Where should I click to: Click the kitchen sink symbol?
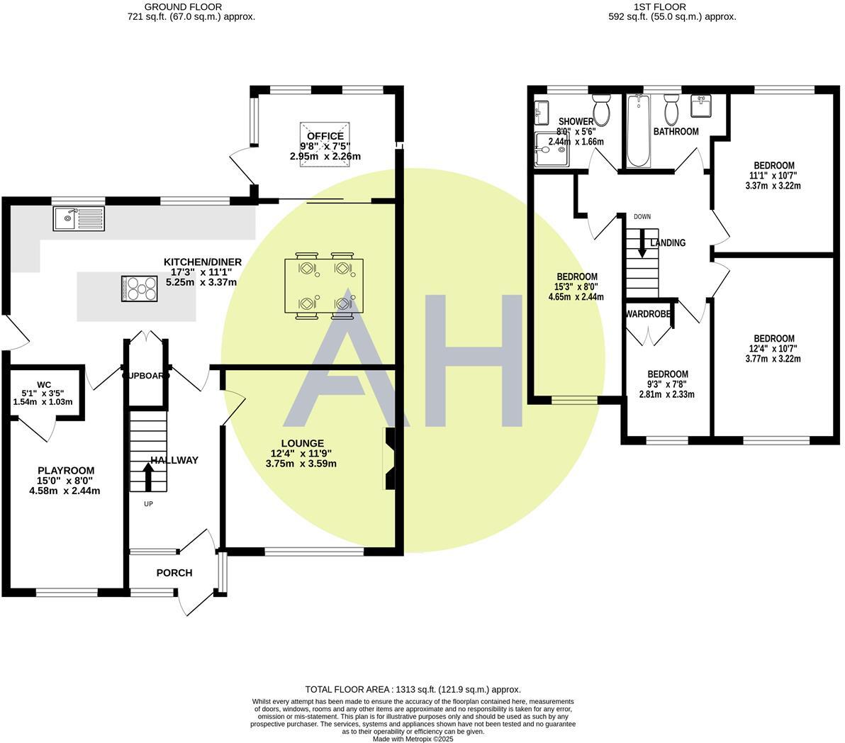click(78, 218)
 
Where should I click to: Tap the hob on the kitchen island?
click(141, 289)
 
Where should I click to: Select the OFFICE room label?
click(325, 136)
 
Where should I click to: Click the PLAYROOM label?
click(66, 471)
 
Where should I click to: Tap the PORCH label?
click(174, 573)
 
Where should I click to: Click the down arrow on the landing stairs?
click(642, 245)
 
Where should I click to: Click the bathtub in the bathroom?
click(639, 131)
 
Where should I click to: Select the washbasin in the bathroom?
click(701, 106)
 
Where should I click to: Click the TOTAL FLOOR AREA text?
click(413, 689)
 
